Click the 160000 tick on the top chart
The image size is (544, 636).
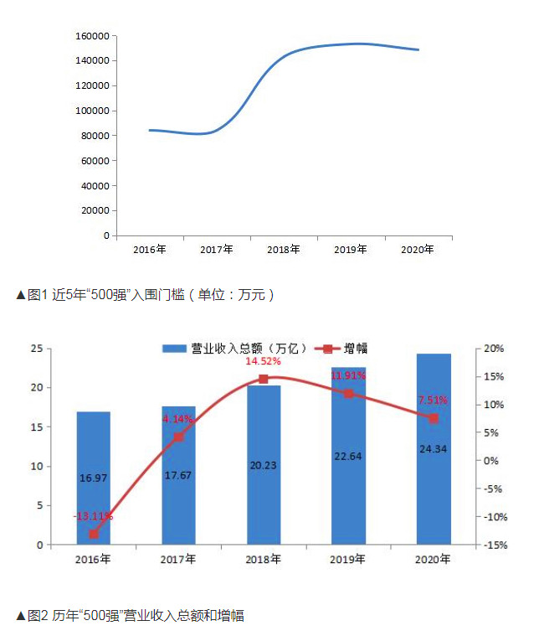[x=92, y=36]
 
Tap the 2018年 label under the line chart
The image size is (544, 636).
[x=284, y=250]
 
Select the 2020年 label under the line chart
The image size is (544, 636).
[x=418, y=250]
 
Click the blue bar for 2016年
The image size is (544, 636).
[x=93, y=478]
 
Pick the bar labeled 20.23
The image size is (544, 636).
[x=263, y=464]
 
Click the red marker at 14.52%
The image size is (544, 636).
[x=263, y=379]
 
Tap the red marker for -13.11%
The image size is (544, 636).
[x=93, y=534]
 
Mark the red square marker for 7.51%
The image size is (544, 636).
[x=434, y=418]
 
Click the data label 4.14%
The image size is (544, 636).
[x=178, y=419]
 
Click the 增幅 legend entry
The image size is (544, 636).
[x=343, y=349]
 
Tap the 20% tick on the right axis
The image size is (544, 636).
[x=494, y=349]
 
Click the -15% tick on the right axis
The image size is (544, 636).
[x=494, y=546]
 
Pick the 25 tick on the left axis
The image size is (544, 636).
[x=38, y=349]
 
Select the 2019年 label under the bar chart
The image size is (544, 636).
[x=348, y=560]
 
